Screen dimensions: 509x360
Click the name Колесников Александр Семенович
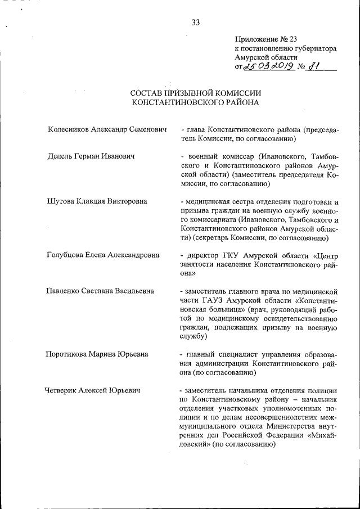tap(107, 130)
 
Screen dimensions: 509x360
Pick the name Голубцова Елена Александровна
tap(103, 255)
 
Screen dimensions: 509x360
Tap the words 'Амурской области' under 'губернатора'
tap(266, 57)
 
